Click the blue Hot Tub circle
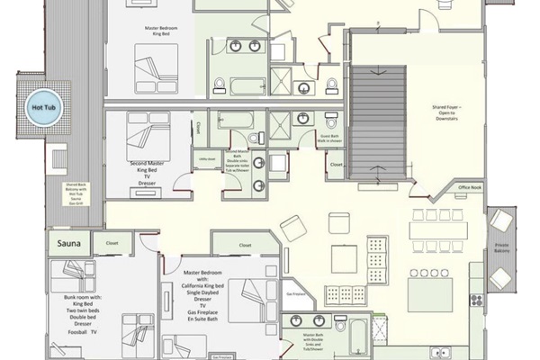pos(41,100)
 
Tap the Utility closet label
pos(204,155)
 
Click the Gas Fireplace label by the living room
pos(293,294)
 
